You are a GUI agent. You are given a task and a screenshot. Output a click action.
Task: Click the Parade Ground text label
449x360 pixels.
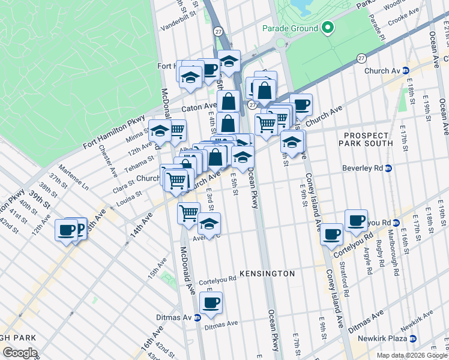pos(290,28)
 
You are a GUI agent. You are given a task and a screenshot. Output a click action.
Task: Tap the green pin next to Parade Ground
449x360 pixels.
pos(327,28)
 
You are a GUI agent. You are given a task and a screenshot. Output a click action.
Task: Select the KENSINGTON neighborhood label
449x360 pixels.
pos(267,274)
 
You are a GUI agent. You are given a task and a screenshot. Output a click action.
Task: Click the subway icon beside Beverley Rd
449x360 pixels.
pos(388,168)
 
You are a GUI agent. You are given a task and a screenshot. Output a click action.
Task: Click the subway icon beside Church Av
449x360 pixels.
pos(405,71)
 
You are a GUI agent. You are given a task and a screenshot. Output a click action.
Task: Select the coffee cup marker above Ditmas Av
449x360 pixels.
pos(211,304)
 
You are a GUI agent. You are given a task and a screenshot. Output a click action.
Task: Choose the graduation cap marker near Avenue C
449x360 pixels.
pos(209,224)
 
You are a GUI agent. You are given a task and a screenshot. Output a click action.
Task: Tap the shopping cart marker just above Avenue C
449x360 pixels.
pos(188,212)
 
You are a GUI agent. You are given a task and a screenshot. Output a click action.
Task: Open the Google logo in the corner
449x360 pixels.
pos(20,353)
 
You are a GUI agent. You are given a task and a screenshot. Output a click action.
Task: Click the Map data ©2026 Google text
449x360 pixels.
pos(412,355)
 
